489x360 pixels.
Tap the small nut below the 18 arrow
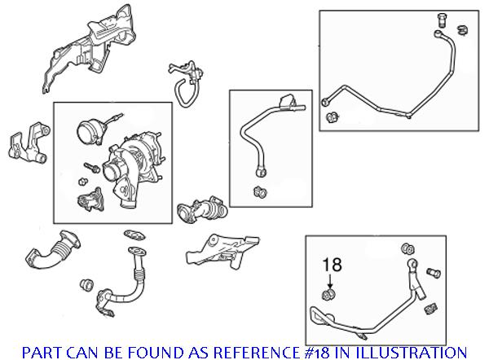pos(329,294)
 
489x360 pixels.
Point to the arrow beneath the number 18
pos(329,280)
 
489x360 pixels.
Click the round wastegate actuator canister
pos(87,133)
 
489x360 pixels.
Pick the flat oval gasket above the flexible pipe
pos(130,235)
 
